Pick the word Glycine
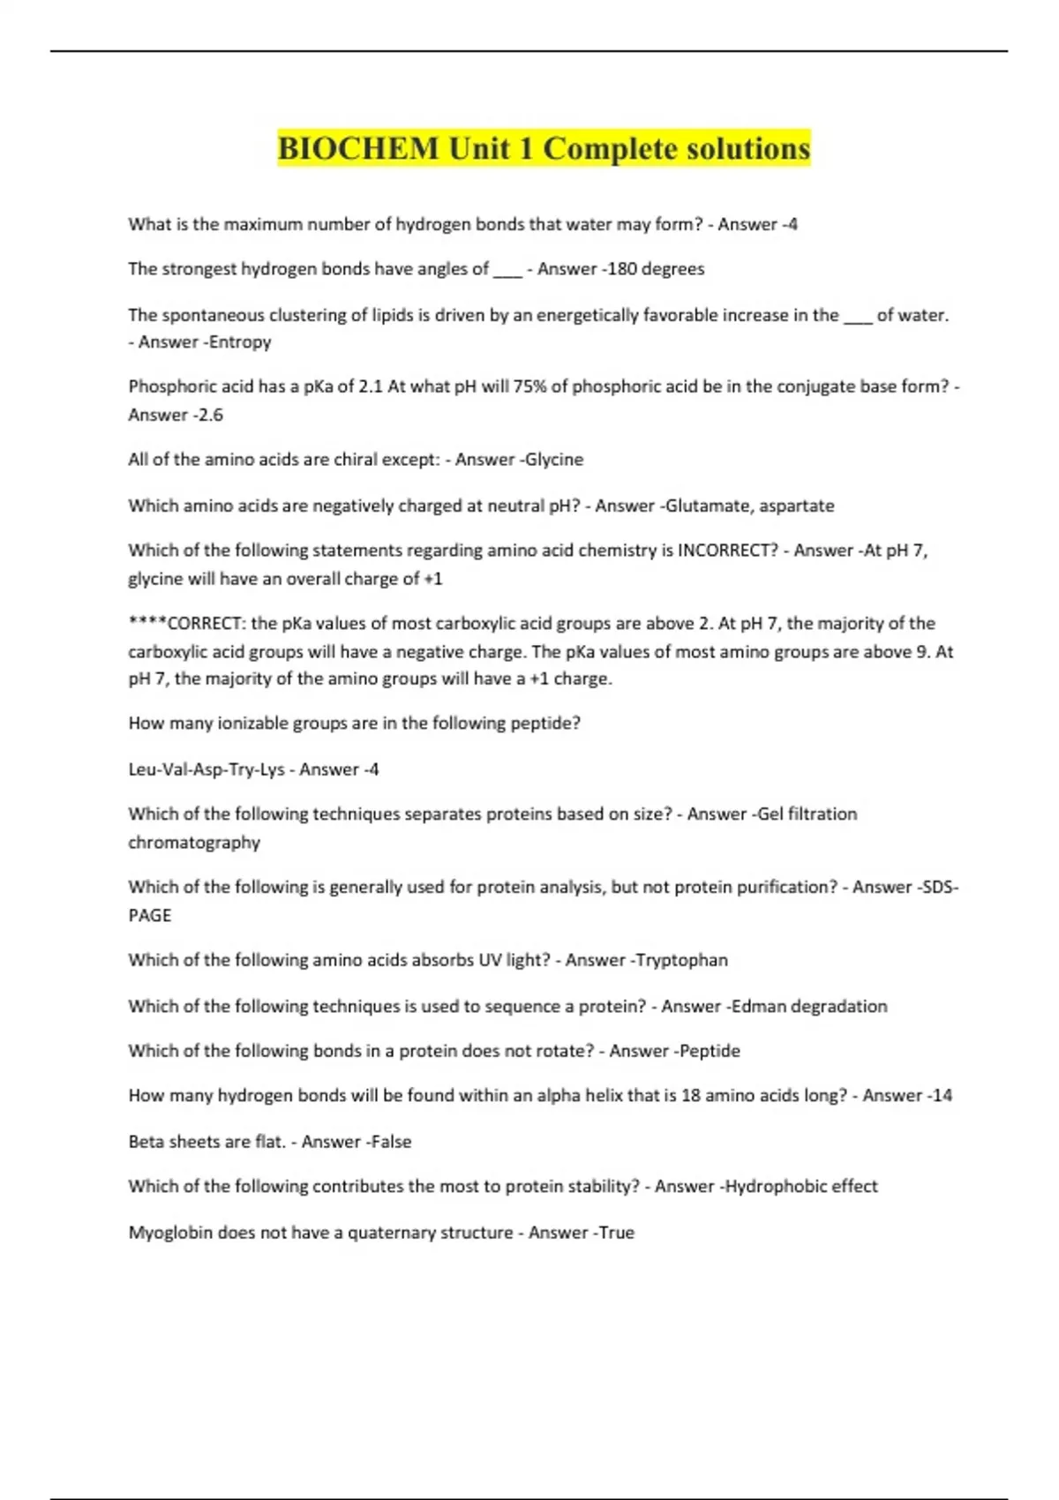point(554,460)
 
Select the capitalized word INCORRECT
point(727,551)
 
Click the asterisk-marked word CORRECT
point(204,624)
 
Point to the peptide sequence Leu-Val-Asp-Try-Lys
point(207,769)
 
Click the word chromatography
point(194,843)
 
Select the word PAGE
point(150,916)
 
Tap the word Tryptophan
point(682,960)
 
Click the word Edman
point(758,1007)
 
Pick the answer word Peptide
point(710,1051)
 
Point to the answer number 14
point(942,1096)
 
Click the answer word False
point(391,1142)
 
